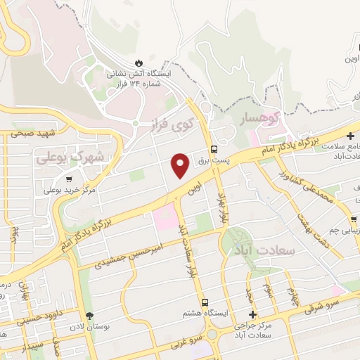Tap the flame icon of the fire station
(x=139, y=61)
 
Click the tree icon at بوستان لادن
(x=89, y=316)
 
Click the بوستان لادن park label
(x=89, y=328)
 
